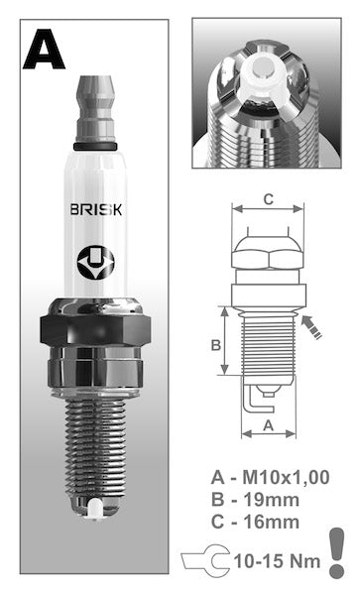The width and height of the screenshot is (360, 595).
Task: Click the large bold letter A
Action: coord(44,50)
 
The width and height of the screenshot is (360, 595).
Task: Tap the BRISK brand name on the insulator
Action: coord(96,209)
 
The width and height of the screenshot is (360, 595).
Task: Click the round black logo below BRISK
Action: coord(95,262)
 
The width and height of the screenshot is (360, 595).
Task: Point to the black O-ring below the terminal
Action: coord(95,147)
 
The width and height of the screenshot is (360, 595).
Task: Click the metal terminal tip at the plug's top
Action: coord(95,109)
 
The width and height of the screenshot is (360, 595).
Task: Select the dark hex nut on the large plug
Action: coord(95,329)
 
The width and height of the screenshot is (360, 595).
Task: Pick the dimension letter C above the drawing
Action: coord(268,199)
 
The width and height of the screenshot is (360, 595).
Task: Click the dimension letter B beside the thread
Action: coord(216,345)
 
